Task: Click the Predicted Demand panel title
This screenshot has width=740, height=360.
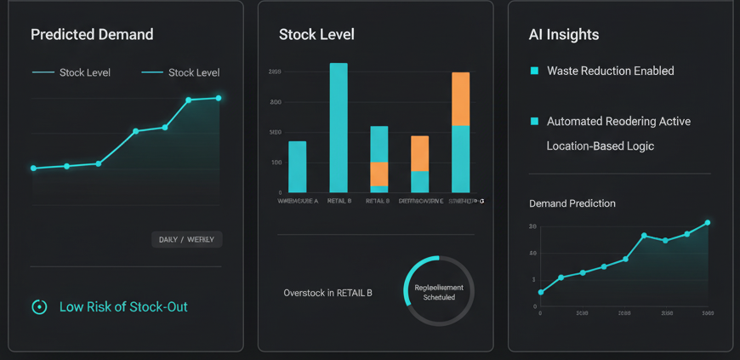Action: tap(92, 35)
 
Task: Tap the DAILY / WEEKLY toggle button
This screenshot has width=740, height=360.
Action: tap(186, 239)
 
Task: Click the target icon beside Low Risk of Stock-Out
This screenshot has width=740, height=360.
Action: tap(39, 307)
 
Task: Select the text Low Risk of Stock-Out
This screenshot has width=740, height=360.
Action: tap(123, 306)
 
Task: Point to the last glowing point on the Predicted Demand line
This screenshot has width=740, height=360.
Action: tap(219, 98)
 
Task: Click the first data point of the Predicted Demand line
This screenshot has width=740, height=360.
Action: tap(34, 169)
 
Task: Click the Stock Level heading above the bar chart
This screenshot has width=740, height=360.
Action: tap(316, 35)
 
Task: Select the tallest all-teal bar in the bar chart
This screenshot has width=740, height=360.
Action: tap(339, 128)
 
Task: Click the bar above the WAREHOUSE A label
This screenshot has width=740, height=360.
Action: tap(298, 167)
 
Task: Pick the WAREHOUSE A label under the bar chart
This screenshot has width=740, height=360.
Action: tap(298, 201)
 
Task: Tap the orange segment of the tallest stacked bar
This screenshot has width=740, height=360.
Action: tap(460, 99)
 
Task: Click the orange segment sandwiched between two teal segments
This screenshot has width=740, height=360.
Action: tap(379, 174)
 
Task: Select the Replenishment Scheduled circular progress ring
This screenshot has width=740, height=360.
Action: tap(438, 292)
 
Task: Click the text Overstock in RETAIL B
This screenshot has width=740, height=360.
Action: tap(328, 293)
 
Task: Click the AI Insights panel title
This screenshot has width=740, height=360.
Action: tap(564, 35)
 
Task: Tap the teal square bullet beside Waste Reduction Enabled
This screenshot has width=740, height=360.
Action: tap(534, 71)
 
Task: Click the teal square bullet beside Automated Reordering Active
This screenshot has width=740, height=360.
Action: tap(534, 122)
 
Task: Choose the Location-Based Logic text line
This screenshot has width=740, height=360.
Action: tap(601, 146)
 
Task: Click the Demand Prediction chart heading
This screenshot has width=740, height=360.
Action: tap(572, 203)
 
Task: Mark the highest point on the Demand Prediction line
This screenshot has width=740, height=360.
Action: tap(708, 223)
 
